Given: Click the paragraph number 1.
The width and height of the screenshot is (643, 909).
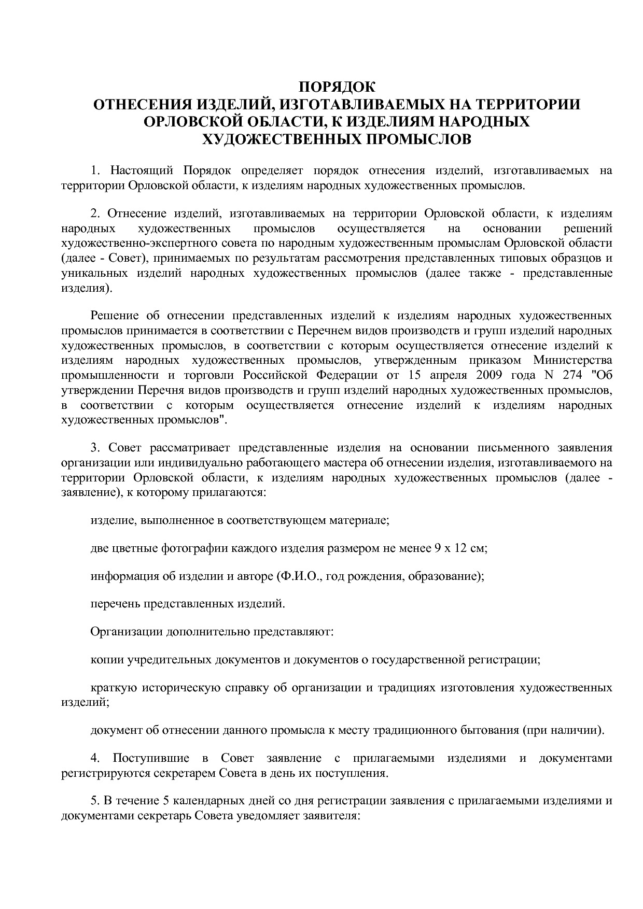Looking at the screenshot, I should point(94,170).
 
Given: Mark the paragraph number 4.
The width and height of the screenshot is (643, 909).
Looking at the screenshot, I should point(95,758).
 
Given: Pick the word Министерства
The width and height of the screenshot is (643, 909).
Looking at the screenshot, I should point(572,360).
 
